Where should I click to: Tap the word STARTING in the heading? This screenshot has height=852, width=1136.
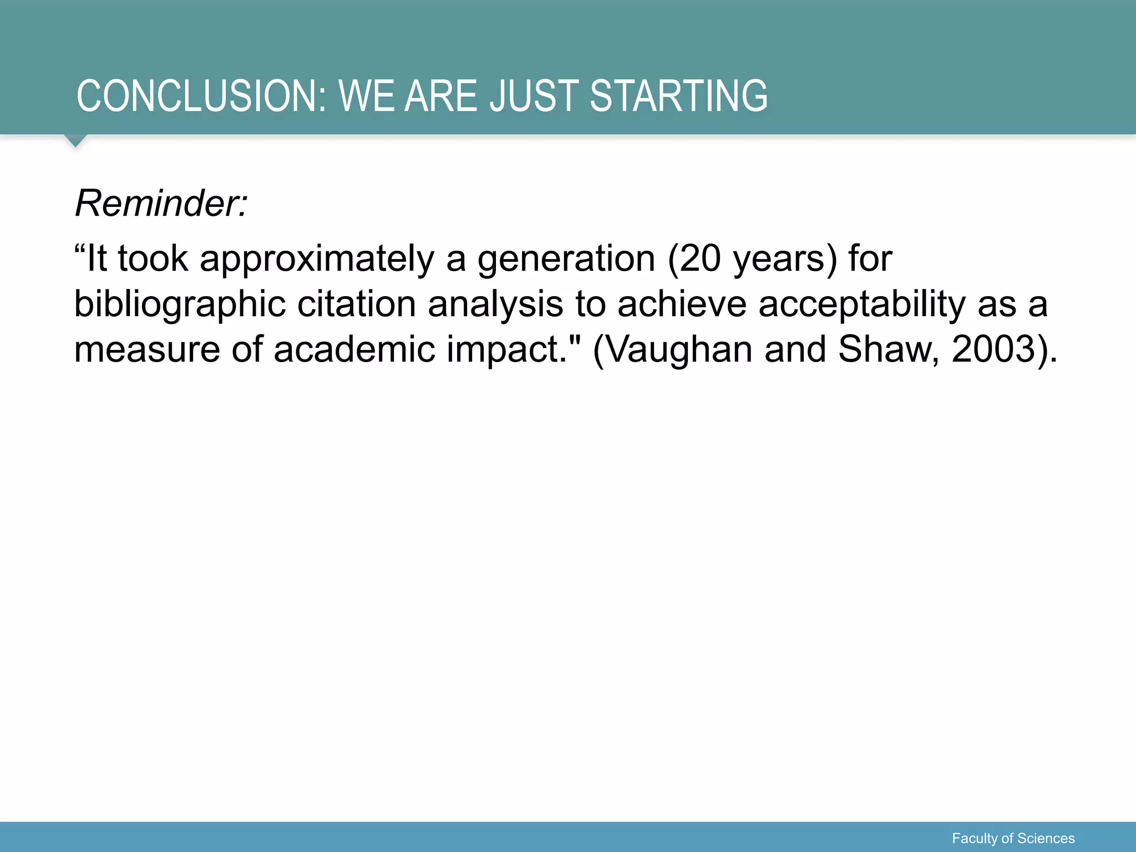[678, 97]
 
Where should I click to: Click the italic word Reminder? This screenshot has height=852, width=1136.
[161, 204]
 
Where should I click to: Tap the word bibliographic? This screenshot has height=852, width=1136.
[180, 305]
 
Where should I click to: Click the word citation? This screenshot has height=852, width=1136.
[356, 304]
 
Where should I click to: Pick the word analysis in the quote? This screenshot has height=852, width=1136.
[495, 305]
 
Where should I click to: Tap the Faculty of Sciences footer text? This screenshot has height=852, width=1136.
[1013, 838]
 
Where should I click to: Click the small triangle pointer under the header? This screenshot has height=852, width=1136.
[75, 140]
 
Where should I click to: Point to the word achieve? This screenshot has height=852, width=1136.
[682, 304]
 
